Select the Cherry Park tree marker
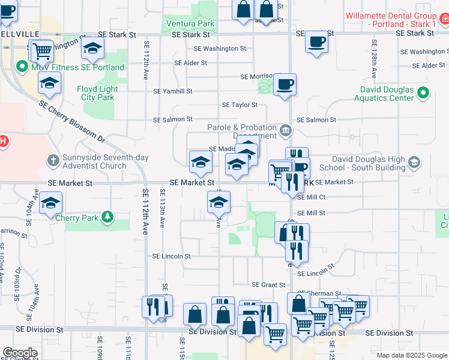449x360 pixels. pyautogui.click(x=107, y=217)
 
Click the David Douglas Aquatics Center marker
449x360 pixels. pyautogui.click(x=423, y=93)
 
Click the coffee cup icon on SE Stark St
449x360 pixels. pyautogui.click(x=316, y=43)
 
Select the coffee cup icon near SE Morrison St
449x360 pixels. pyautogui.click(x=285, y=84)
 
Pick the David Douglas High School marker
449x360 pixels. pyautogui.click(x=413, y=163)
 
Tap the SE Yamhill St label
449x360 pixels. pyautogui.click(x=173, y=91)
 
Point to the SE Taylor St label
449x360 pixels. pyautogui.click(x=240, y=104)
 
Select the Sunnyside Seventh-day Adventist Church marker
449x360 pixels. pyautogui.click(x=53, y=161)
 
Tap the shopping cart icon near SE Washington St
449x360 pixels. pyautogui.click(x=41, y=51)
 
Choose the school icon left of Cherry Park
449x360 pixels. pyautogui.click(x=51, y=203)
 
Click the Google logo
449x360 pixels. pyautogui.click(x=20, y=353)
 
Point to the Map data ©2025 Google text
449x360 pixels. pyautogui.click(x=411, y=355)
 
